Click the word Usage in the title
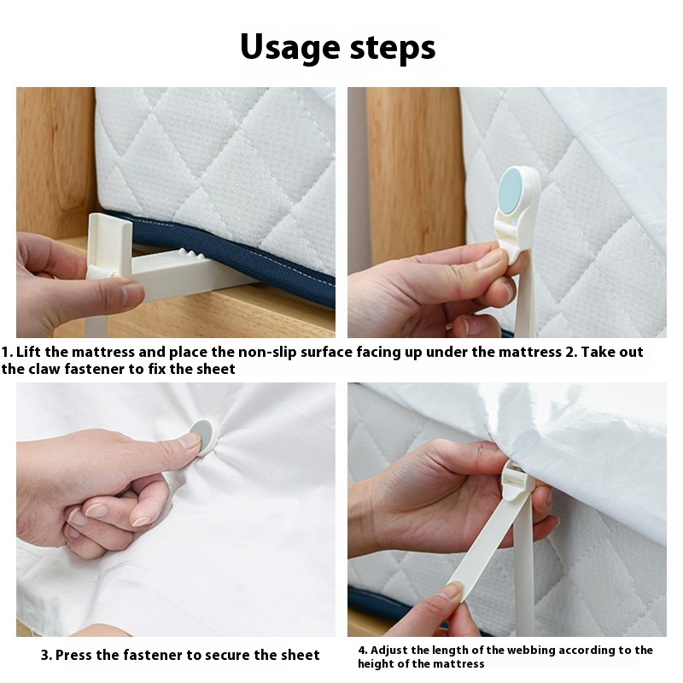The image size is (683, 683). tap(290, 48)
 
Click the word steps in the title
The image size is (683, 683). tap(393, 48)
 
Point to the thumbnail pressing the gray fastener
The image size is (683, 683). tap(190, 441)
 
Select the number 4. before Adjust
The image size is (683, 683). tap(363, 650)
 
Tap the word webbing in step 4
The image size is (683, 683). tap(521, 651)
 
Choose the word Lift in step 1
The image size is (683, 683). tap(29, 352)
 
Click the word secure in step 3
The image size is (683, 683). tap(228, 655)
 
